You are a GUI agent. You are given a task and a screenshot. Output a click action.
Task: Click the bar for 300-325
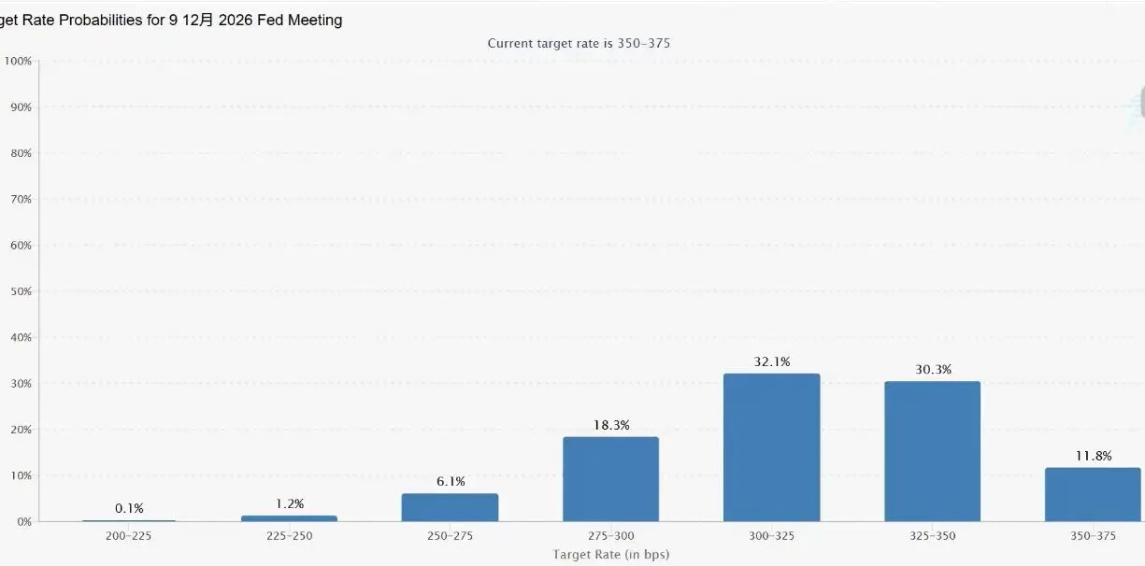pyautogui.click(x=771, y=447)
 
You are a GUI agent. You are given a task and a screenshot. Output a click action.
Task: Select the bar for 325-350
pyautogui.click(x=932, y=451)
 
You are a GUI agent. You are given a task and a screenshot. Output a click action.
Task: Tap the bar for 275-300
pyautogui.click(x=610, y=479)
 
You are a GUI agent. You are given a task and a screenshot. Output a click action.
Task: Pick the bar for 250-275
pyautogui.click(x=450, y=507)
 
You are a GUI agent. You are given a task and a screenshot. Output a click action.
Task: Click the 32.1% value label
pyautogui.click(x=771, y=361)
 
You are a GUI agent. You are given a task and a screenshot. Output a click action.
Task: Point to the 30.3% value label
pyautogui.click(x=932, y=370)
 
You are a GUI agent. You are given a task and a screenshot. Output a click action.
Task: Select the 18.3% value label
pyautogui.click(x=610, y=425)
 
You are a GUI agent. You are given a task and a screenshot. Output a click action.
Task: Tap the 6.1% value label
pyautogui.click(x=450, y=482)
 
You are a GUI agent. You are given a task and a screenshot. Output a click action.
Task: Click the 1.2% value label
pyautogui.click(x=289, y=504)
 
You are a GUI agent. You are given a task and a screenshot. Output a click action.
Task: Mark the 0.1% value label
pyautogui.click(x=129, y=509)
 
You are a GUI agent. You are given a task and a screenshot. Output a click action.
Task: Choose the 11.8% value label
pyautogui.click(x=1092, y=457)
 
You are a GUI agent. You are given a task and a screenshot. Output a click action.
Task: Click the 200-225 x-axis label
pyautogui.click(x=129, y=536)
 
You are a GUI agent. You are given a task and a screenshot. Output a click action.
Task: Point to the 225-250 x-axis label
pyautogui.click(x=289, y=536)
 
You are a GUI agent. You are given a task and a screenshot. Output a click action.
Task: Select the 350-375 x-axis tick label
pyautogui.click(x=1092, y=536)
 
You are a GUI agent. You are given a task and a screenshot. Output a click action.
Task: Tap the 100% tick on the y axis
pyautogui.click(x=18, y=62)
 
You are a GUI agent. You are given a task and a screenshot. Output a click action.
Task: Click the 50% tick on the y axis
pyautogui.click(x=21, y=291)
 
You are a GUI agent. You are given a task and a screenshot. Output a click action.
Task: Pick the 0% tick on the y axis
pyautogui.click(x=23, y=522)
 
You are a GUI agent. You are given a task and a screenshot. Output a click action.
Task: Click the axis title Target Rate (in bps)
pyautogui.click(x=610, y=555)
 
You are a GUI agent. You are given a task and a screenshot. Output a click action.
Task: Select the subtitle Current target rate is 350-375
pyautogui.click(x=579, y=44)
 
